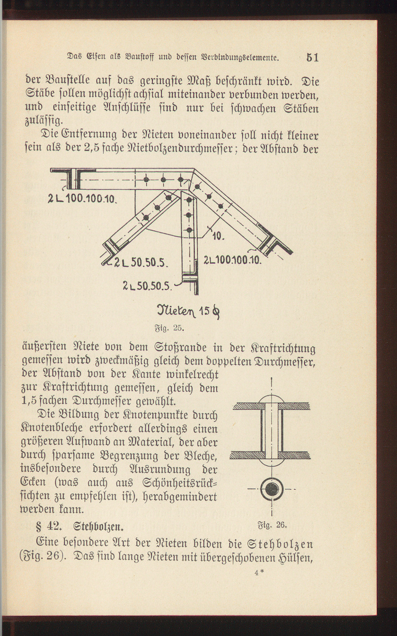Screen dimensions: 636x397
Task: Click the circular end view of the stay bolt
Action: (x=271, y=489)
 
